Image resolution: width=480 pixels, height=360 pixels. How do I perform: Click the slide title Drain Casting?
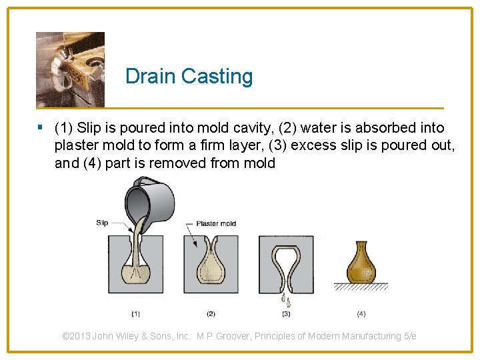pos(189,76)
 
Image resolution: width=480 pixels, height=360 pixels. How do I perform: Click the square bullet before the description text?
pos(41,127)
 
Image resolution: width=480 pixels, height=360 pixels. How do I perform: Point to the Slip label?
pos(102,223)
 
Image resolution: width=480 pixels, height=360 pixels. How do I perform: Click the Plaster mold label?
pos(216,223)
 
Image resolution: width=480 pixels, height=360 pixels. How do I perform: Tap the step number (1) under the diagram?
pos(135,313)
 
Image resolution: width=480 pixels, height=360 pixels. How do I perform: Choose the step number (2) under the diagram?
pos(211,313)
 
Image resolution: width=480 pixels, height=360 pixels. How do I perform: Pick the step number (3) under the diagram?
pos(286,313)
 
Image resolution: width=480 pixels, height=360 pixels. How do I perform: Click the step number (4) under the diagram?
pos(361,313)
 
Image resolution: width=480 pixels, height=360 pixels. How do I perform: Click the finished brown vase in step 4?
pos(361,263)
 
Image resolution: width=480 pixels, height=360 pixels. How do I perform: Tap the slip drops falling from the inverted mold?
pos(287,299)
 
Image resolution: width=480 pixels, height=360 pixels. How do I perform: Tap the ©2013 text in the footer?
pos(76,336)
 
